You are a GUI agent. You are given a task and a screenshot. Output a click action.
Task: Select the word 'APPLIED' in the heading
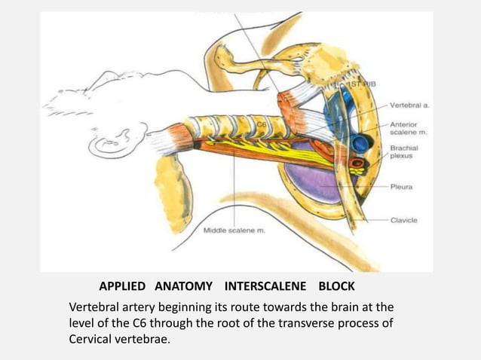tap(123, 287)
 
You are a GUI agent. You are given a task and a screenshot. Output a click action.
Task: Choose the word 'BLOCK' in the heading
tap(336, 287)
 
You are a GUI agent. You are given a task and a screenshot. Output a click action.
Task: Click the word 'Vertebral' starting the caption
tap(93, 307)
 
